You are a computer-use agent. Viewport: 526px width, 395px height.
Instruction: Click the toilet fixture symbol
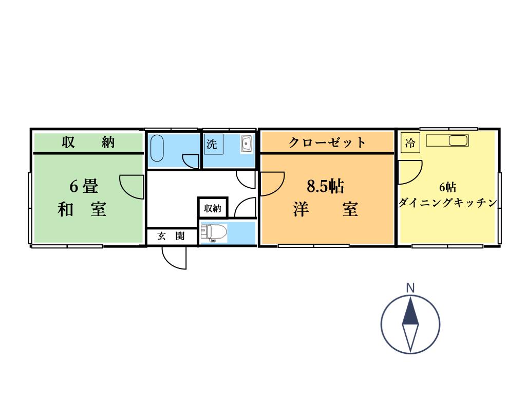214,233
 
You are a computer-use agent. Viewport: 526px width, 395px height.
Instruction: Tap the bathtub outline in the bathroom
157,147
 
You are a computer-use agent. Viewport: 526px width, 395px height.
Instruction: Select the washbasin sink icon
246,144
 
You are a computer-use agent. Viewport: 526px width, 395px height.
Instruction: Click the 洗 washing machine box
212,144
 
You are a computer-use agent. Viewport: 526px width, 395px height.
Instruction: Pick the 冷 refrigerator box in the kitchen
410,143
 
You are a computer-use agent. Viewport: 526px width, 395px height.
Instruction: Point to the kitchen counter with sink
447,140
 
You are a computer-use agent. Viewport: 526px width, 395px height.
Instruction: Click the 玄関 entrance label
171,236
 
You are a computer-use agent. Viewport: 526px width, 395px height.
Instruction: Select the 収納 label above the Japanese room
88,142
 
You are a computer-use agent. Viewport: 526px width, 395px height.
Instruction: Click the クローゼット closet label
327,142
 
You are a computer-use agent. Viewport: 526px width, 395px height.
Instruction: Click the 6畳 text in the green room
84,186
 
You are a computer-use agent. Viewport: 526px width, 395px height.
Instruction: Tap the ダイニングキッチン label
448,203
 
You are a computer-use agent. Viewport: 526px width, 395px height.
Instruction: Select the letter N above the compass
410,288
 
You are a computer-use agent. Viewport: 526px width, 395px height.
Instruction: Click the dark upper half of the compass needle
410,312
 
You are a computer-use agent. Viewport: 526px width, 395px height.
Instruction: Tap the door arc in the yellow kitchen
410,172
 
